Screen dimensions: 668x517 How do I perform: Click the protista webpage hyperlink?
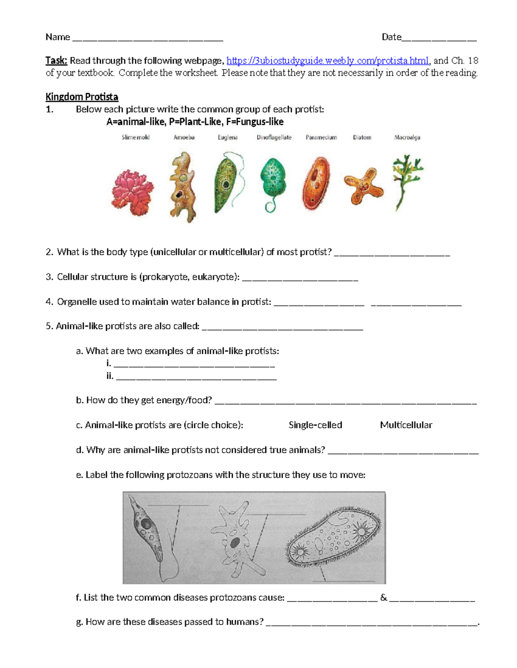[327, 61]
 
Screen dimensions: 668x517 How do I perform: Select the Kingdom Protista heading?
[82, 97]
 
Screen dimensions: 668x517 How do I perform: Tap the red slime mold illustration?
[132, 192]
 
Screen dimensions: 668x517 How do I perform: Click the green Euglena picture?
[226, 183]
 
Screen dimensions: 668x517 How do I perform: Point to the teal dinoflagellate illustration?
[273, 181]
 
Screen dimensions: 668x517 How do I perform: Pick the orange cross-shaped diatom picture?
[364, 186]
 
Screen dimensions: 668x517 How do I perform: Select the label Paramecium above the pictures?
[321, 138]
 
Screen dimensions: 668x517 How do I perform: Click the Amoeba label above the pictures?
[184, 138]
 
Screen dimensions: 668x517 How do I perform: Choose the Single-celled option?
[315, 425]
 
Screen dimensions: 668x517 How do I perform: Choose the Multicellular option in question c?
[406, 425]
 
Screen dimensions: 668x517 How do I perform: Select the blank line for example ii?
[196, 378]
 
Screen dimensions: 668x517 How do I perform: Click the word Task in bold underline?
[56, 61]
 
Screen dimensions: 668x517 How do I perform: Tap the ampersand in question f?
[383, 598]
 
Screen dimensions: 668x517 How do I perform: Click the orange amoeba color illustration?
[183, 187]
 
